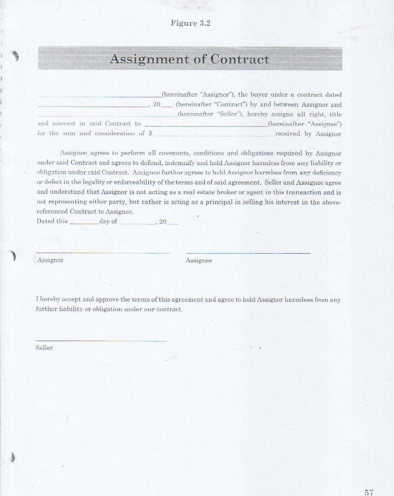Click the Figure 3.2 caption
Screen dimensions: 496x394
(190, 23)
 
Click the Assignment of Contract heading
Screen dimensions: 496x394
(190, 59)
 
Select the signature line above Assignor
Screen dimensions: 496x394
(103, 253)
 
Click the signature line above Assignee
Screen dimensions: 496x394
(248, 253)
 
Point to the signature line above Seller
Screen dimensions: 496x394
(101, 341)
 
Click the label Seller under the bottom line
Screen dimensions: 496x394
(44, 348)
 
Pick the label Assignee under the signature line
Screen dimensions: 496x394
(199, 260)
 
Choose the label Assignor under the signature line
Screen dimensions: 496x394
(51, 260)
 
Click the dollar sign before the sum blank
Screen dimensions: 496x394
(151, 134)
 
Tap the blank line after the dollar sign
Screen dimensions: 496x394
(213, 135)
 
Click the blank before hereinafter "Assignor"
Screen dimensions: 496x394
(99, 96)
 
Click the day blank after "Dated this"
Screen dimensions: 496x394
(84, 223)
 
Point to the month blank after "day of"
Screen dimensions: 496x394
(137, 223)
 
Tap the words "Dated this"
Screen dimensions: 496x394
(52, 221)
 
